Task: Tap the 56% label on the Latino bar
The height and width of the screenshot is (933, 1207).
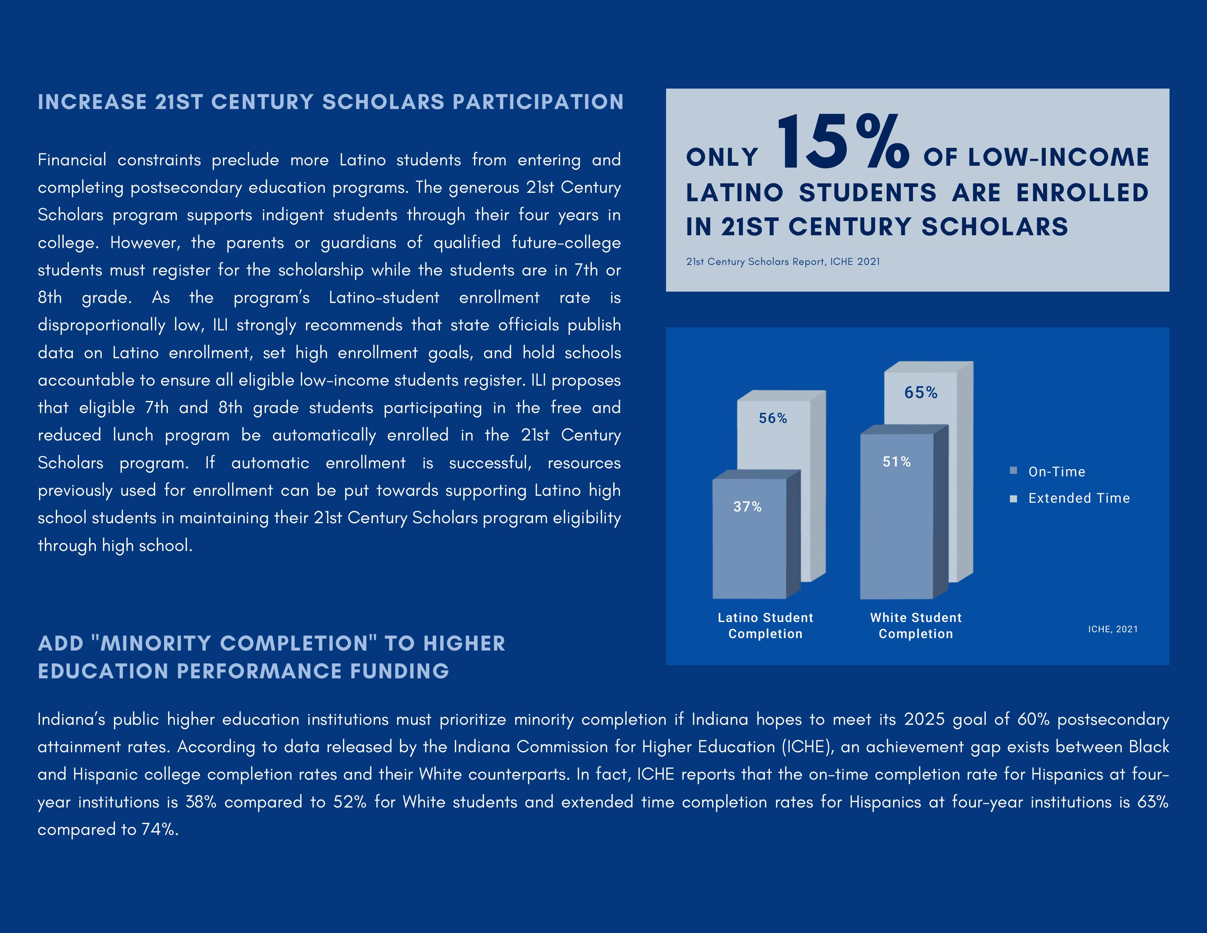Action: click(772, 419)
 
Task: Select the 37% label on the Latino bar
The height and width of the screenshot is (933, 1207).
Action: click(747, 507)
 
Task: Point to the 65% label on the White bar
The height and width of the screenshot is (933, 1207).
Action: click(921, 393)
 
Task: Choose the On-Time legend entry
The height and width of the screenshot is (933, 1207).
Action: click(1056, 472)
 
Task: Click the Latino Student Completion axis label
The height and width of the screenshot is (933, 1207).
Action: click(766, 626)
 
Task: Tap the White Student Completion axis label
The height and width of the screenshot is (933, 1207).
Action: click(916, 626)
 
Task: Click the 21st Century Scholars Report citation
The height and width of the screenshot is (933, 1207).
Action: click(783, 262)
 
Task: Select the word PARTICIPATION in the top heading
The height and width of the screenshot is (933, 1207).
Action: click(538, 102)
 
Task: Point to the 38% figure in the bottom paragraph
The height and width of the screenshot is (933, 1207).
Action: click(200, 802)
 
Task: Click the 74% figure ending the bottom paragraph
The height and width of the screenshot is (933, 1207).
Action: click(160, 830)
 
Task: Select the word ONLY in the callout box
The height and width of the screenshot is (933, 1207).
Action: click(722, 158)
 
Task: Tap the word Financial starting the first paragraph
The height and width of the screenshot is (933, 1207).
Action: click(72, 160)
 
